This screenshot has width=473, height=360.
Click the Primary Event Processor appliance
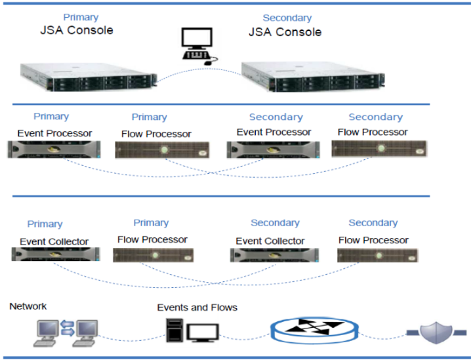[x=54, y=150]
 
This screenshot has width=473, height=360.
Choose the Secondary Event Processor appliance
[x=274, y=150]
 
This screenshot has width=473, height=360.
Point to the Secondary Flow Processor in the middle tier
[x=379, y=148]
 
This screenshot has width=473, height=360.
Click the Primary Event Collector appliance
[x=55, y=255]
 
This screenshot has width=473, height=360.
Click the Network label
[x=28, y=306]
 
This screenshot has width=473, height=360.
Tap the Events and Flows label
[x=197, y=307]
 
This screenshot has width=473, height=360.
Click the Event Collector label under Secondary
[x=270, y=241]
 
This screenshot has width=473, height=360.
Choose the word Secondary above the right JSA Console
[x=287, y=18]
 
